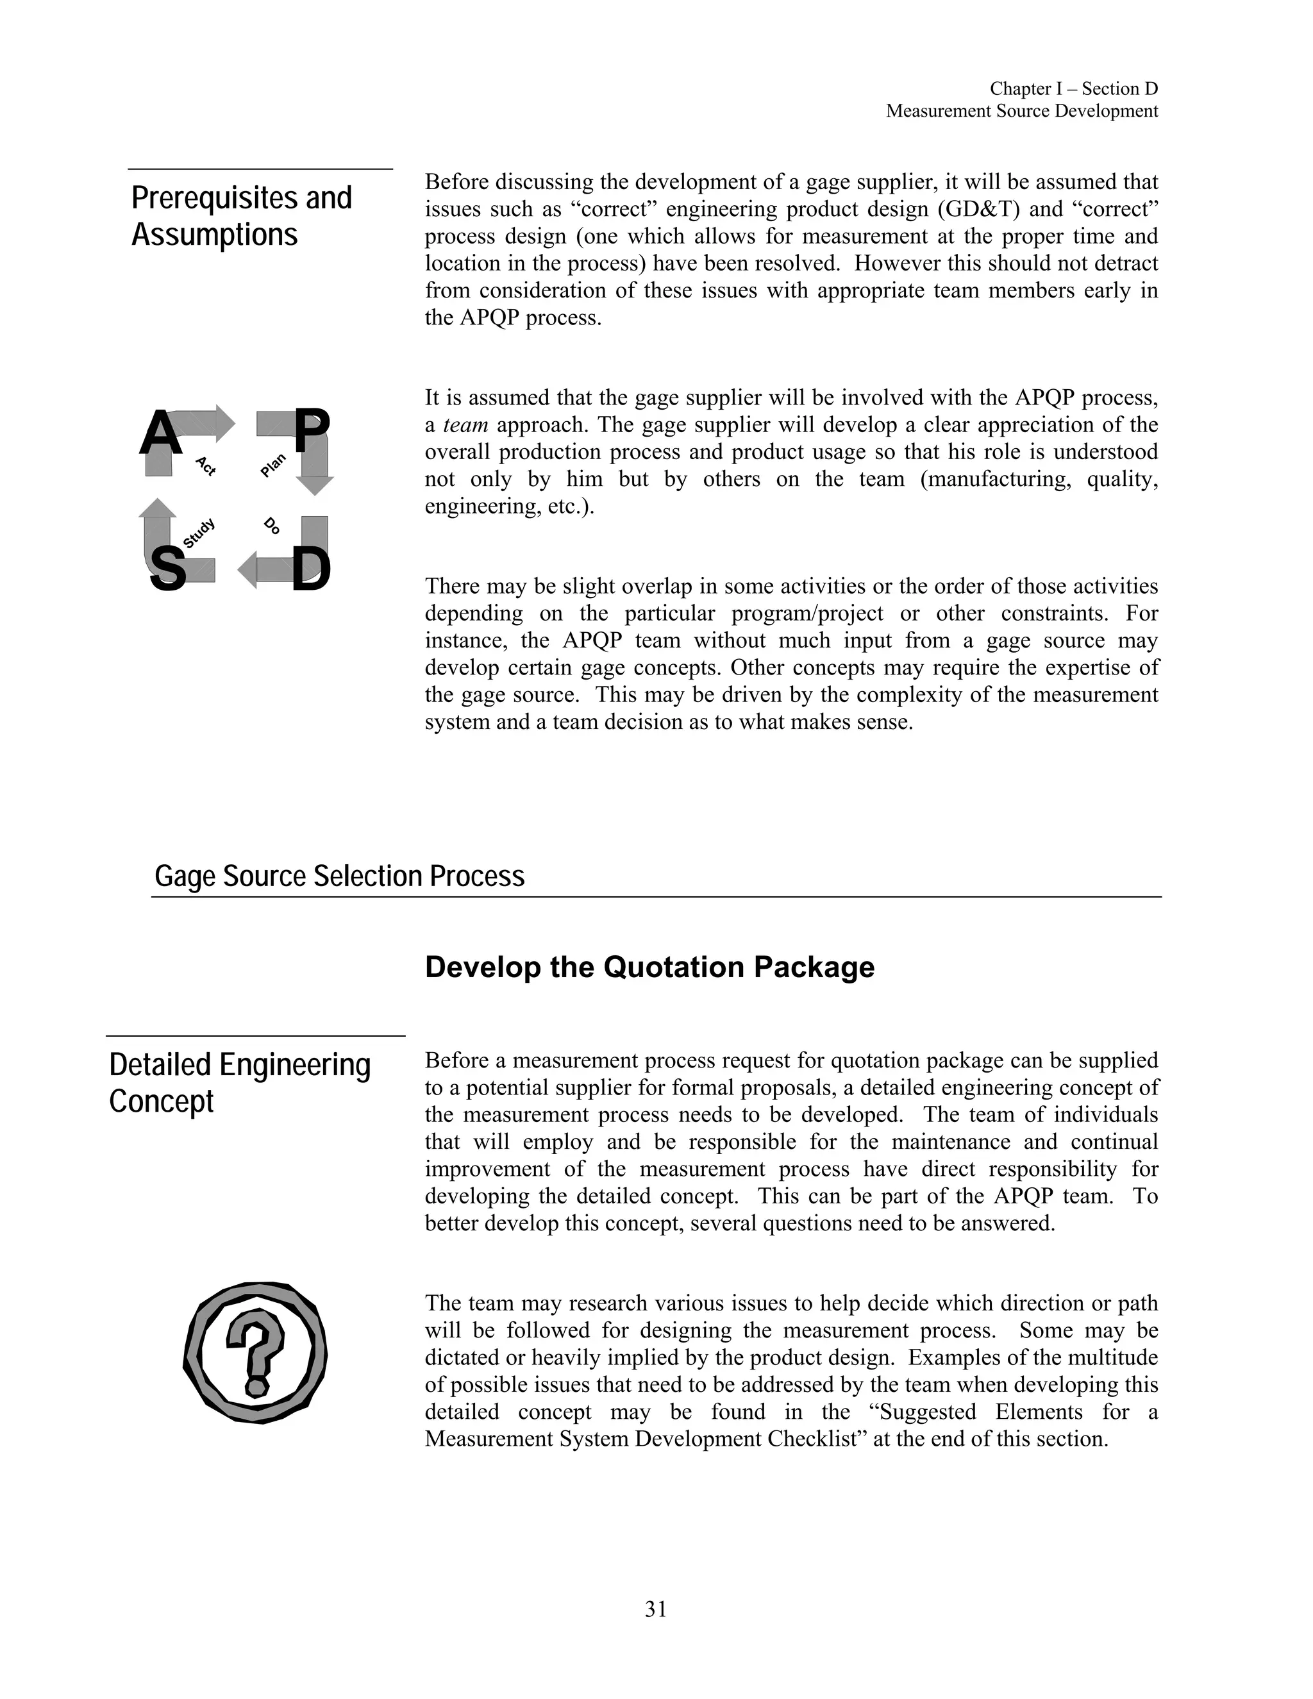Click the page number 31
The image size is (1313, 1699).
pyautogui.click(x=656, y=1609)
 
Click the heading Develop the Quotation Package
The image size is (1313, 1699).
pyautogui.click(x=649, y=967)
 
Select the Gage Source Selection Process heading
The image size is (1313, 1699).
pyautogui.click(x=339, y=876)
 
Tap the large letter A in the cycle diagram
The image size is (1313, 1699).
pyautogui.click(x=161, y=433)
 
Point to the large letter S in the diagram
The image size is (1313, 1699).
pyautogui.click(x=167, y=569)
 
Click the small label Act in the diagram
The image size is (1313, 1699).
pyautogui.click(x=205, y=466)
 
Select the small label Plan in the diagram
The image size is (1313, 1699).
pyautogui.click(x=273, y=464)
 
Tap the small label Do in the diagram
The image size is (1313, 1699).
pyautogui.click(x=271, y=526)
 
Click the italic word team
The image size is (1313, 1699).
pyautogui.click(x=465, y=424)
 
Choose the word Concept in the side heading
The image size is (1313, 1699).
pyautogui.click(x=161, y=1101)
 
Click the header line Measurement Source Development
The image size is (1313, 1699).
pyautogui.click(x=1021, y=112)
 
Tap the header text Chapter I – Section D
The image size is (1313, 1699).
pyautogui.click(x=1073, y=88)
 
